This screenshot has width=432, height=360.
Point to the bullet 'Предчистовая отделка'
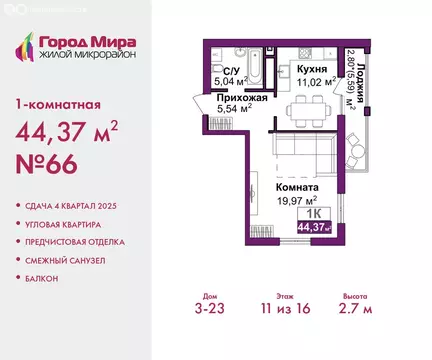tap(80, 242)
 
